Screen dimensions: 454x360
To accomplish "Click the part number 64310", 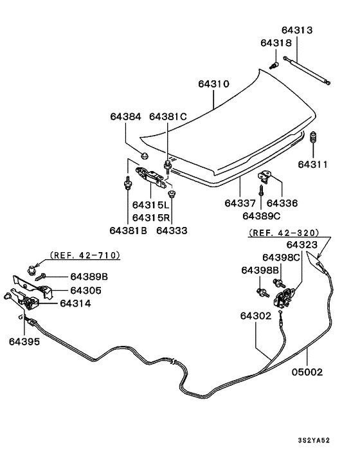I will click(213, 84).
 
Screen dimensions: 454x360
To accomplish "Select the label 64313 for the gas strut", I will click(297, 30).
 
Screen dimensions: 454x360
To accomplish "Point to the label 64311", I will click(312, 164).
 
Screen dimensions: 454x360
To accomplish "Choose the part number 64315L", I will click(150, 204).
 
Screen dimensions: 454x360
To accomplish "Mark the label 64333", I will click(172, 230).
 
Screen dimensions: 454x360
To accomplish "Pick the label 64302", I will click(256, 316).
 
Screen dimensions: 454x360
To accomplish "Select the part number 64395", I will click(24, 341).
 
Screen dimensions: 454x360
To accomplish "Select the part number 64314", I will click(75, 303).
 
